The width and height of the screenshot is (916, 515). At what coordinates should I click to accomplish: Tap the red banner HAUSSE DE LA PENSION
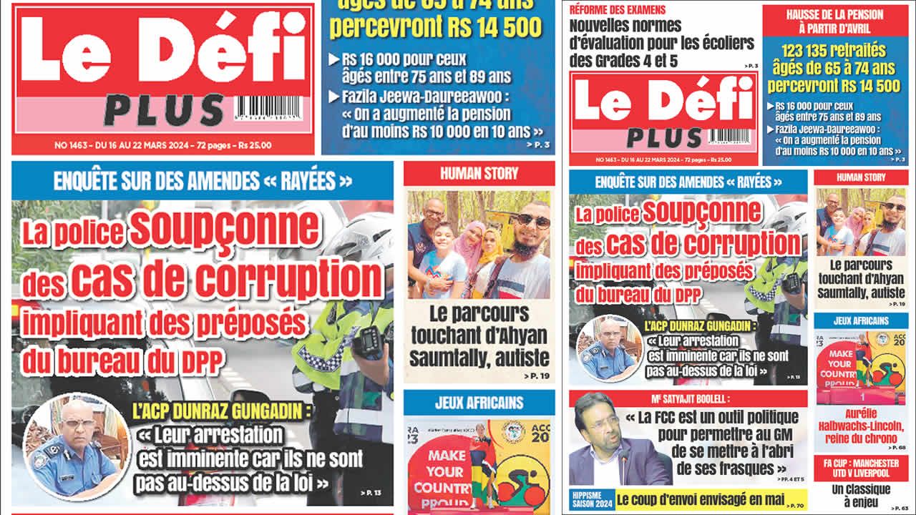[834, 21]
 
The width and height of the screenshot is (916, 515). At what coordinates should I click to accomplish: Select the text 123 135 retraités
[834, 51]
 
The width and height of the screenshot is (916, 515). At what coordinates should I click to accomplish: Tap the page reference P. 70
[796, 506]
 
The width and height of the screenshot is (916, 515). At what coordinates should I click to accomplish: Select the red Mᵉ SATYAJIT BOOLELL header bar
[688, 398]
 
